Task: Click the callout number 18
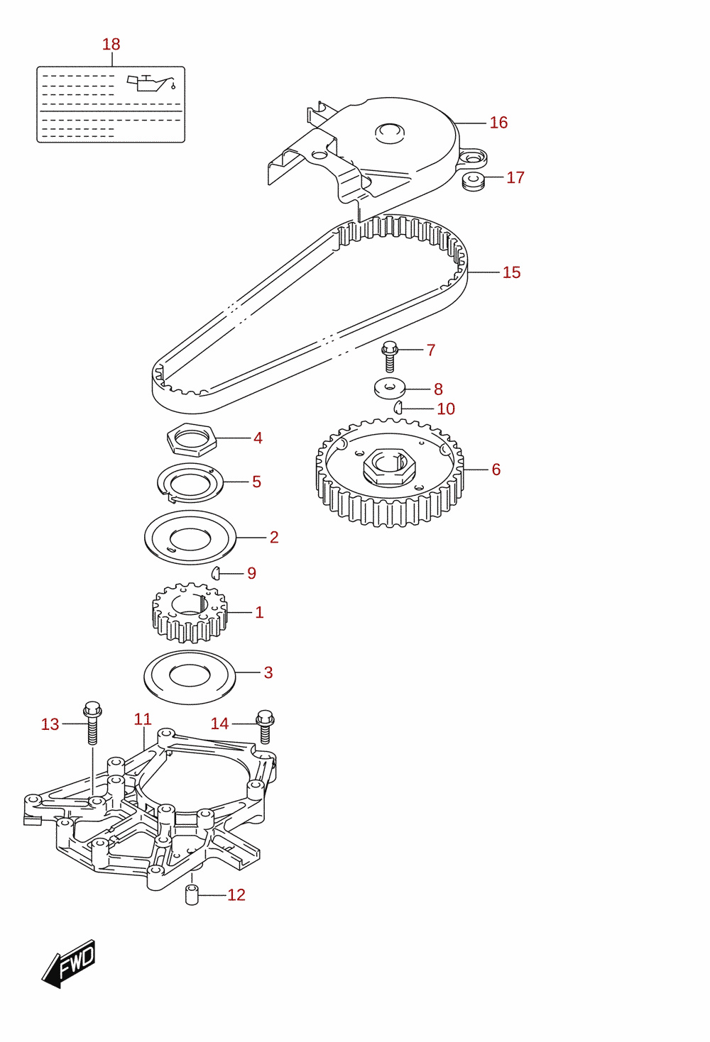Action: (111, 44)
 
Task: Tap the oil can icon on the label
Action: (151, 83)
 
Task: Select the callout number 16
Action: (498, 122)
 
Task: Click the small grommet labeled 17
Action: (474, 181)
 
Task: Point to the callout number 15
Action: (511, 272)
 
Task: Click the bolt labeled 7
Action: (390, 357)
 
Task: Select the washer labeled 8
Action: (390, 389)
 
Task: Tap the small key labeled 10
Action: (398, 407)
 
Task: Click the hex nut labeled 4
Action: (192, 438)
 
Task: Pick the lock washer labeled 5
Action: (190, 483)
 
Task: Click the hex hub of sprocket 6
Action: (389, 467)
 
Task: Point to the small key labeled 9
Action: (215, 573)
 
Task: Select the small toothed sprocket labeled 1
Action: (190, 613)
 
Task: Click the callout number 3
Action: (268, 672)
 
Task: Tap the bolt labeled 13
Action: (92, 722)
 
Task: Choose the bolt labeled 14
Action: (265, 726)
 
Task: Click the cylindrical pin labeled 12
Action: (192, 894)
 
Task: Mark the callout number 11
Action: (143, 719)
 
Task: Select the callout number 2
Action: (274, 537)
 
